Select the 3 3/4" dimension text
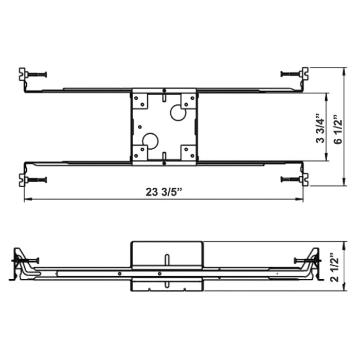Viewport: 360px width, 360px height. [321, 129]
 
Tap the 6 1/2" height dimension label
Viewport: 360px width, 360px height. [337, 129]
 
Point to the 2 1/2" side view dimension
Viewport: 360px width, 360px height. [337, 267]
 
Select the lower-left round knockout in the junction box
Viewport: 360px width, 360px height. [150, 140]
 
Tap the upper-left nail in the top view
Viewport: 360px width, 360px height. [37, 74]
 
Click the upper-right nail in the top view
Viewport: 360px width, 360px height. [291, 74]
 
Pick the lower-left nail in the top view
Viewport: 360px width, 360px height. [37, 179]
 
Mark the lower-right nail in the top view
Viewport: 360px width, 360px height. [291, 179]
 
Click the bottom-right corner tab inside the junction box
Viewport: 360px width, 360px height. [188, 152]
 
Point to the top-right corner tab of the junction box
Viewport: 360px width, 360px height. [188, 100]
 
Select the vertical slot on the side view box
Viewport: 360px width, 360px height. [167, 259]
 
